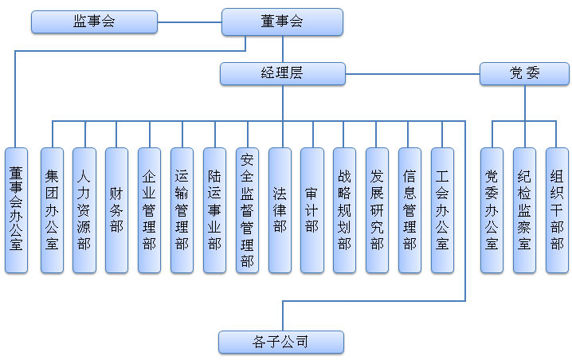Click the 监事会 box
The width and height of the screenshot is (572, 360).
[x=94, y=22]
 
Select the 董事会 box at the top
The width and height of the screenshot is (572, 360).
[x=282, y=22]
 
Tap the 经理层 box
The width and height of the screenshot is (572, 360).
[x=282, y=74]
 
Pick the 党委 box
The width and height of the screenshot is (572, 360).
[x=524, y=74]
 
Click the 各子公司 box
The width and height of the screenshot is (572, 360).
[x=281, y=342]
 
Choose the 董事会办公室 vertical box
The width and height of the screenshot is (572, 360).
[x=16, y=210]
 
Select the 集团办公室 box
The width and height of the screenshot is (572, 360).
[x=52, y=210]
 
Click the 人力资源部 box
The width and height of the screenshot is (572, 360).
[x=84, y=210]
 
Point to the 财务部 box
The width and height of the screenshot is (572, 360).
[x=116, y=210]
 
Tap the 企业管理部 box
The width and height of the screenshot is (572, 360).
[x=149, y=210]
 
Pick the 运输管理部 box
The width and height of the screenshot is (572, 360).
[x=182, y=210]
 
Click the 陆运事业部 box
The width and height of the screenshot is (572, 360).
[x=214, y=210]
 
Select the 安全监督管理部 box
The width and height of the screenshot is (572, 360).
[x=247, y=210]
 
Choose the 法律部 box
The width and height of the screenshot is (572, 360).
[x=280, y=210]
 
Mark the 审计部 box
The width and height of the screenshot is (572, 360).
[x=312, y=210]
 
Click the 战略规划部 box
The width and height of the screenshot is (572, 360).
[x=344, y=210]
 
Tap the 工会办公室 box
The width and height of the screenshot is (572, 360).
[x=442, y=210]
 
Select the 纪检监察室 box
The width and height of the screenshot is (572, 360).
[x=524, y=210]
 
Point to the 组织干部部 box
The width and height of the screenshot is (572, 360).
[x=557, y=210]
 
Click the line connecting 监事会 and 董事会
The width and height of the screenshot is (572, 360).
[x=190, y=22]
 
